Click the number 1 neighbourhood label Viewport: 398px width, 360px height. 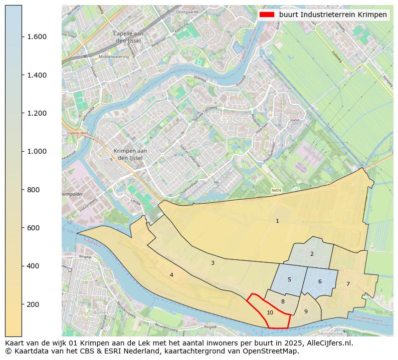(277, 221)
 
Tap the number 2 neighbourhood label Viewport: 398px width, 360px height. (312, 254)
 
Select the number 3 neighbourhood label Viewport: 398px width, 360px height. (213, 263)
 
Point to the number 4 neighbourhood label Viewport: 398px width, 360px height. (171, 275)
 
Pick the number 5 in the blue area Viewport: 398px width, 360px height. (289, 279)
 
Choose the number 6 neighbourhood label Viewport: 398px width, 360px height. (320, 281)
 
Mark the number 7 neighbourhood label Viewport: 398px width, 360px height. (348, 284)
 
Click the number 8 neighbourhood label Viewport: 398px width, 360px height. (283, 301)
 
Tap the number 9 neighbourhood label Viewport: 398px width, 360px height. (306, 311)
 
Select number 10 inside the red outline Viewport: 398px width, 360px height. (270, 312)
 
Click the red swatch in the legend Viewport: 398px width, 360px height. (267, 15)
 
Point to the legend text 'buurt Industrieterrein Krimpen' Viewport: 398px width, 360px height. (333, 15)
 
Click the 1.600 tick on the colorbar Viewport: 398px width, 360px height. (33, 37)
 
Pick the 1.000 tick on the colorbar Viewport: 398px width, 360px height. (33, 151)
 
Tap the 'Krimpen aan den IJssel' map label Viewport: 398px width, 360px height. (130, 154)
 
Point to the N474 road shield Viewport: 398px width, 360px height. (276, 191)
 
